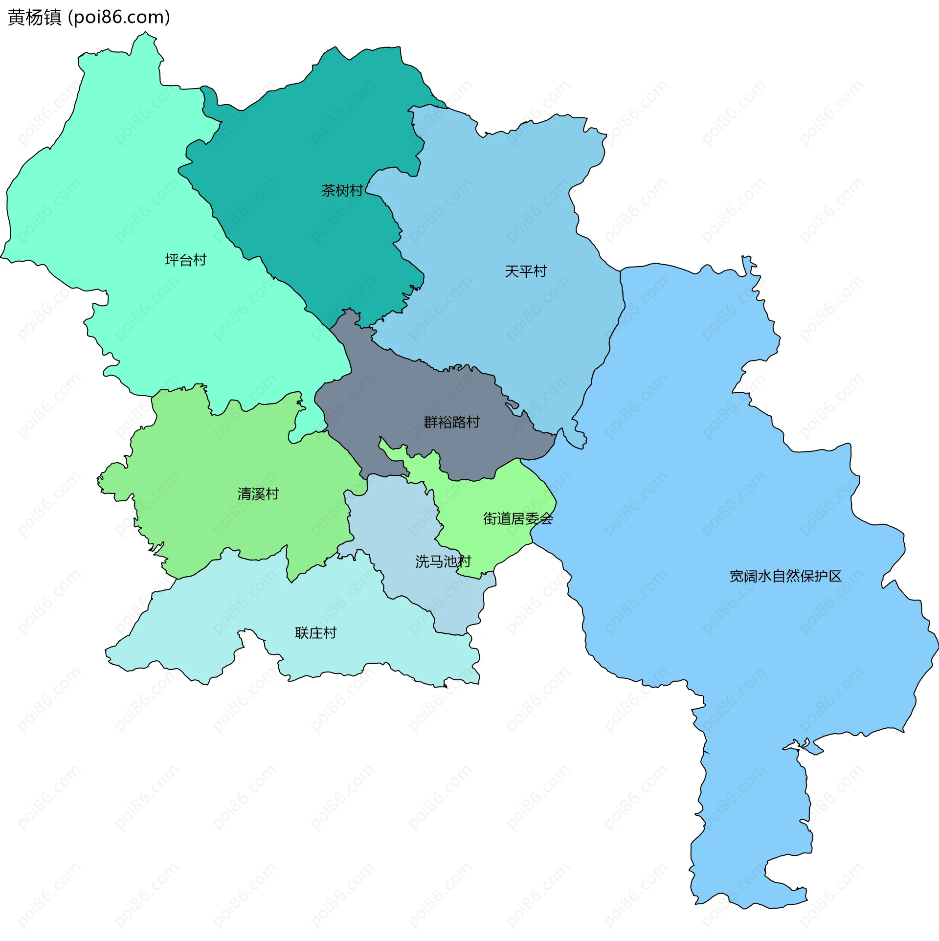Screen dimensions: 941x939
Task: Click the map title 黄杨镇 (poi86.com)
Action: [x=89, y=18]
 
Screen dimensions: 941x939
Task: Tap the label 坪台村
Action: [x=186, y=260]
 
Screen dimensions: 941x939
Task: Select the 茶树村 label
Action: [x=342, y=190]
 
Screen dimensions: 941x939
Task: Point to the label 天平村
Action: [x=525, y=271]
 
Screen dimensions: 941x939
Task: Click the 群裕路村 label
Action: [x=451, y=422]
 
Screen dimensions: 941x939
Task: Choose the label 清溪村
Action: [x=258, y=493]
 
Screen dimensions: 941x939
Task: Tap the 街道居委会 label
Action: [x=518, y=518]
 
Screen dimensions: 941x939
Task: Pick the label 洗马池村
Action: [x=443, y=561]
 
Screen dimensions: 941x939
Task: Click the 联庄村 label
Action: [x=316, y=633]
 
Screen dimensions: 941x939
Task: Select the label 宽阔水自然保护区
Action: [x=785, y=576]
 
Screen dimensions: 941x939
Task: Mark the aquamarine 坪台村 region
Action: [x=122, y=196]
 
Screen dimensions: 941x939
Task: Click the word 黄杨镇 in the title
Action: [x=34, y=18]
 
